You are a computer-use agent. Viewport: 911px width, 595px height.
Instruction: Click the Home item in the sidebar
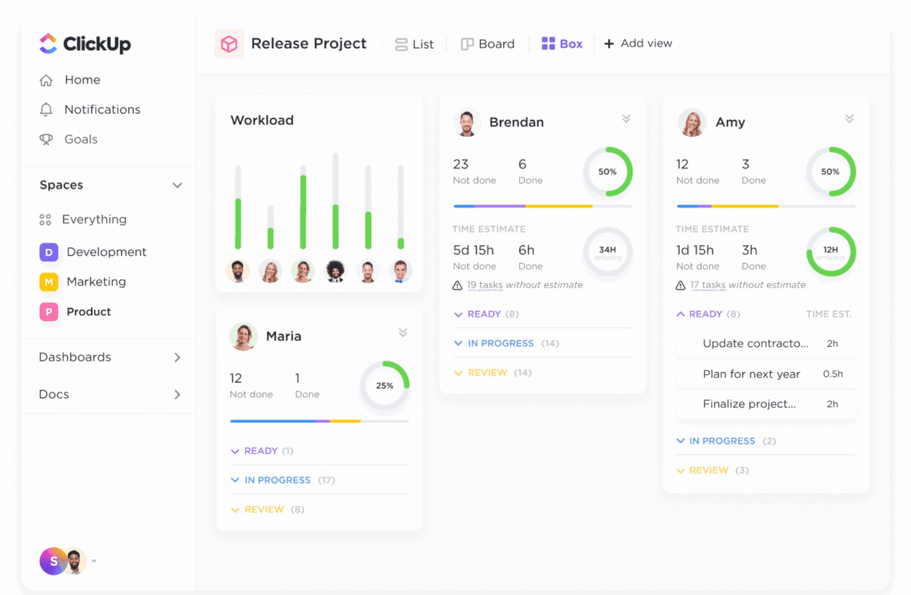point(81,80)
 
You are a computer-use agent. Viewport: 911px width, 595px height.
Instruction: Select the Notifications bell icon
point(46,109)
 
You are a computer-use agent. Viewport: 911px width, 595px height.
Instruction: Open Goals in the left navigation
point(80,139)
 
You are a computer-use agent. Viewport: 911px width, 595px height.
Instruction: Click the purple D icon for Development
point(49,252)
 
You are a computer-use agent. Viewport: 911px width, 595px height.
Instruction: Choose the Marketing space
point(96,282)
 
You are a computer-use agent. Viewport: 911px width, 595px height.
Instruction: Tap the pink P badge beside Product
point(49,312)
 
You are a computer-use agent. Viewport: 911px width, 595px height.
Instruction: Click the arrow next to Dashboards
point(177,358)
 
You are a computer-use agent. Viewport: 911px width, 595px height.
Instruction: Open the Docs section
point(54,395)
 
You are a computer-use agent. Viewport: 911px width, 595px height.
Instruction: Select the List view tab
point(415,44)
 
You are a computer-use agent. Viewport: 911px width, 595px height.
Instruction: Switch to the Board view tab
point(488,44)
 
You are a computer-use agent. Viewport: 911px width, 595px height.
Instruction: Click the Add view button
point(638,43)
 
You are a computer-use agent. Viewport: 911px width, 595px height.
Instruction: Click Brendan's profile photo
point(467,123)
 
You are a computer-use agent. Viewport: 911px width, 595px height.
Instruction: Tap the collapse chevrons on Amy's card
point(850,118)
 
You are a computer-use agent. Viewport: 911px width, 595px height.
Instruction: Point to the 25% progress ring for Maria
point(385,385)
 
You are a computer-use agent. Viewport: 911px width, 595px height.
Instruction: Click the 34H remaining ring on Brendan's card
point(608,252)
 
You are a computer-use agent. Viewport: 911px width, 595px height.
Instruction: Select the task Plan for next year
point(751,374)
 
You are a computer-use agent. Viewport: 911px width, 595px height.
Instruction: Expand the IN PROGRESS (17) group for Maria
point(278,480)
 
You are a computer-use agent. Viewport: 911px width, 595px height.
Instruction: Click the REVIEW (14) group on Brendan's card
point(487,373)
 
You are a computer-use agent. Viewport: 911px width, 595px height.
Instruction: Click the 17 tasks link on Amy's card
point(708,285)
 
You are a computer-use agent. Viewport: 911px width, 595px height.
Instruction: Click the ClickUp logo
point(85,44)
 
